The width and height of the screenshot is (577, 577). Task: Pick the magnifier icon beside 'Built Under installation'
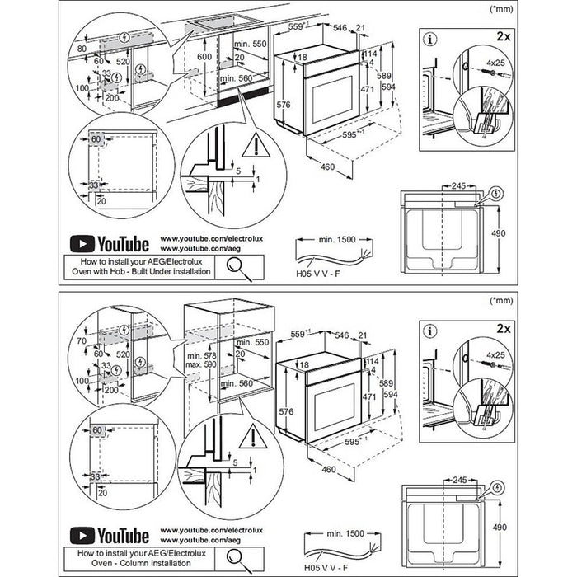coord(237,265)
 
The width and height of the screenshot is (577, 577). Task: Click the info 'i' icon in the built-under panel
coord(429,38)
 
